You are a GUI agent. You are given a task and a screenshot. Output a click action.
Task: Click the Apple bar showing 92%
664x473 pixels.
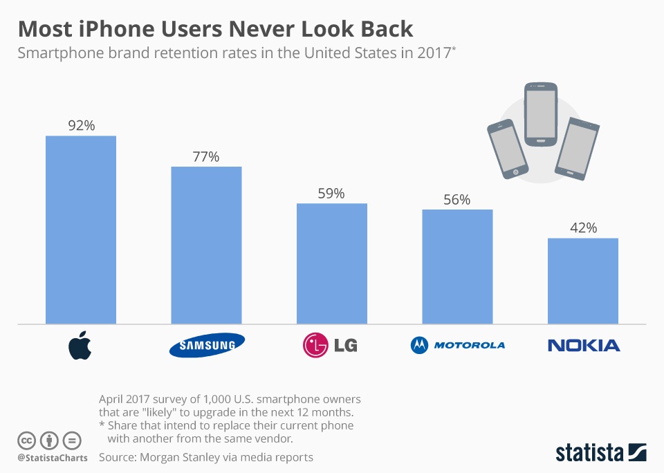81,230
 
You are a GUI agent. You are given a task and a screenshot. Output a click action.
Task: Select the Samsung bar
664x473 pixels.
206,245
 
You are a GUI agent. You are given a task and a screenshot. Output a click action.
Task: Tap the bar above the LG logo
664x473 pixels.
332,263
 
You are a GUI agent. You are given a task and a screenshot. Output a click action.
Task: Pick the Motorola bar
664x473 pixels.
457,266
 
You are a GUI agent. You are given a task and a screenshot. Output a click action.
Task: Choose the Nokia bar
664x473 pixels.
583,281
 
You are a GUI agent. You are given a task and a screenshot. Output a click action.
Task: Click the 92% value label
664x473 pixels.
81,126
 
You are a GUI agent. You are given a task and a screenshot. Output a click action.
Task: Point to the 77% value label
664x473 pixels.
206,157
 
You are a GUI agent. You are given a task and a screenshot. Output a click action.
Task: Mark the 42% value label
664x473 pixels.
583,228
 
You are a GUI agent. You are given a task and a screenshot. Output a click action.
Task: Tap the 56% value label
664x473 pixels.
457,200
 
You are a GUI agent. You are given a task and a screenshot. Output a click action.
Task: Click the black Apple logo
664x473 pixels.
80,345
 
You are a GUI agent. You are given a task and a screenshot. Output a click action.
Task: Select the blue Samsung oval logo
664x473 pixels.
207,345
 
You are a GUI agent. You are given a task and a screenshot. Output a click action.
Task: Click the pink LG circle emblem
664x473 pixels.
315,344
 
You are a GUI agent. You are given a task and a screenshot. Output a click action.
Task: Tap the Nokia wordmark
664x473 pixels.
584,345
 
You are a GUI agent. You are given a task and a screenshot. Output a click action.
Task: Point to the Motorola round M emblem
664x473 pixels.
419,344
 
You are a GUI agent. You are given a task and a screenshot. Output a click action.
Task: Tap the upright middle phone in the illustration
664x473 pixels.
540,114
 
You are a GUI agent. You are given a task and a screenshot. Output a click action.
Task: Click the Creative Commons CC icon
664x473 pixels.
26,440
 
